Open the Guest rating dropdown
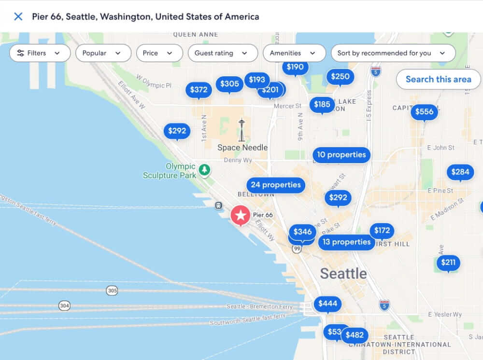pos(221,53)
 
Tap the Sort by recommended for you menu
pos(393,53)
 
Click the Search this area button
pos(438,79)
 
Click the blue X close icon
pos(18,16)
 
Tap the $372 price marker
pos(199,89)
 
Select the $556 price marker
pos(424,112)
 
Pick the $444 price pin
pos(327,304)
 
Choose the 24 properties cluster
pos(275,185)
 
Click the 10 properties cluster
pos(341,155)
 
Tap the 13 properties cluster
pos(346,242)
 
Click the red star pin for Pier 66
pos(240,215)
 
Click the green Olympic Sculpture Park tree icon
pos(205,169)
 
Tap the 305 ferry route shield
pos(112,291)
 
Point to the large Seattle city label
pos(343,274)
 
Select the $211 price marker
pos(448,263)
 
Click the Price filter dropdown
pos(159,53)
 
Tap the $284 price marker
pos(460,172)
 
